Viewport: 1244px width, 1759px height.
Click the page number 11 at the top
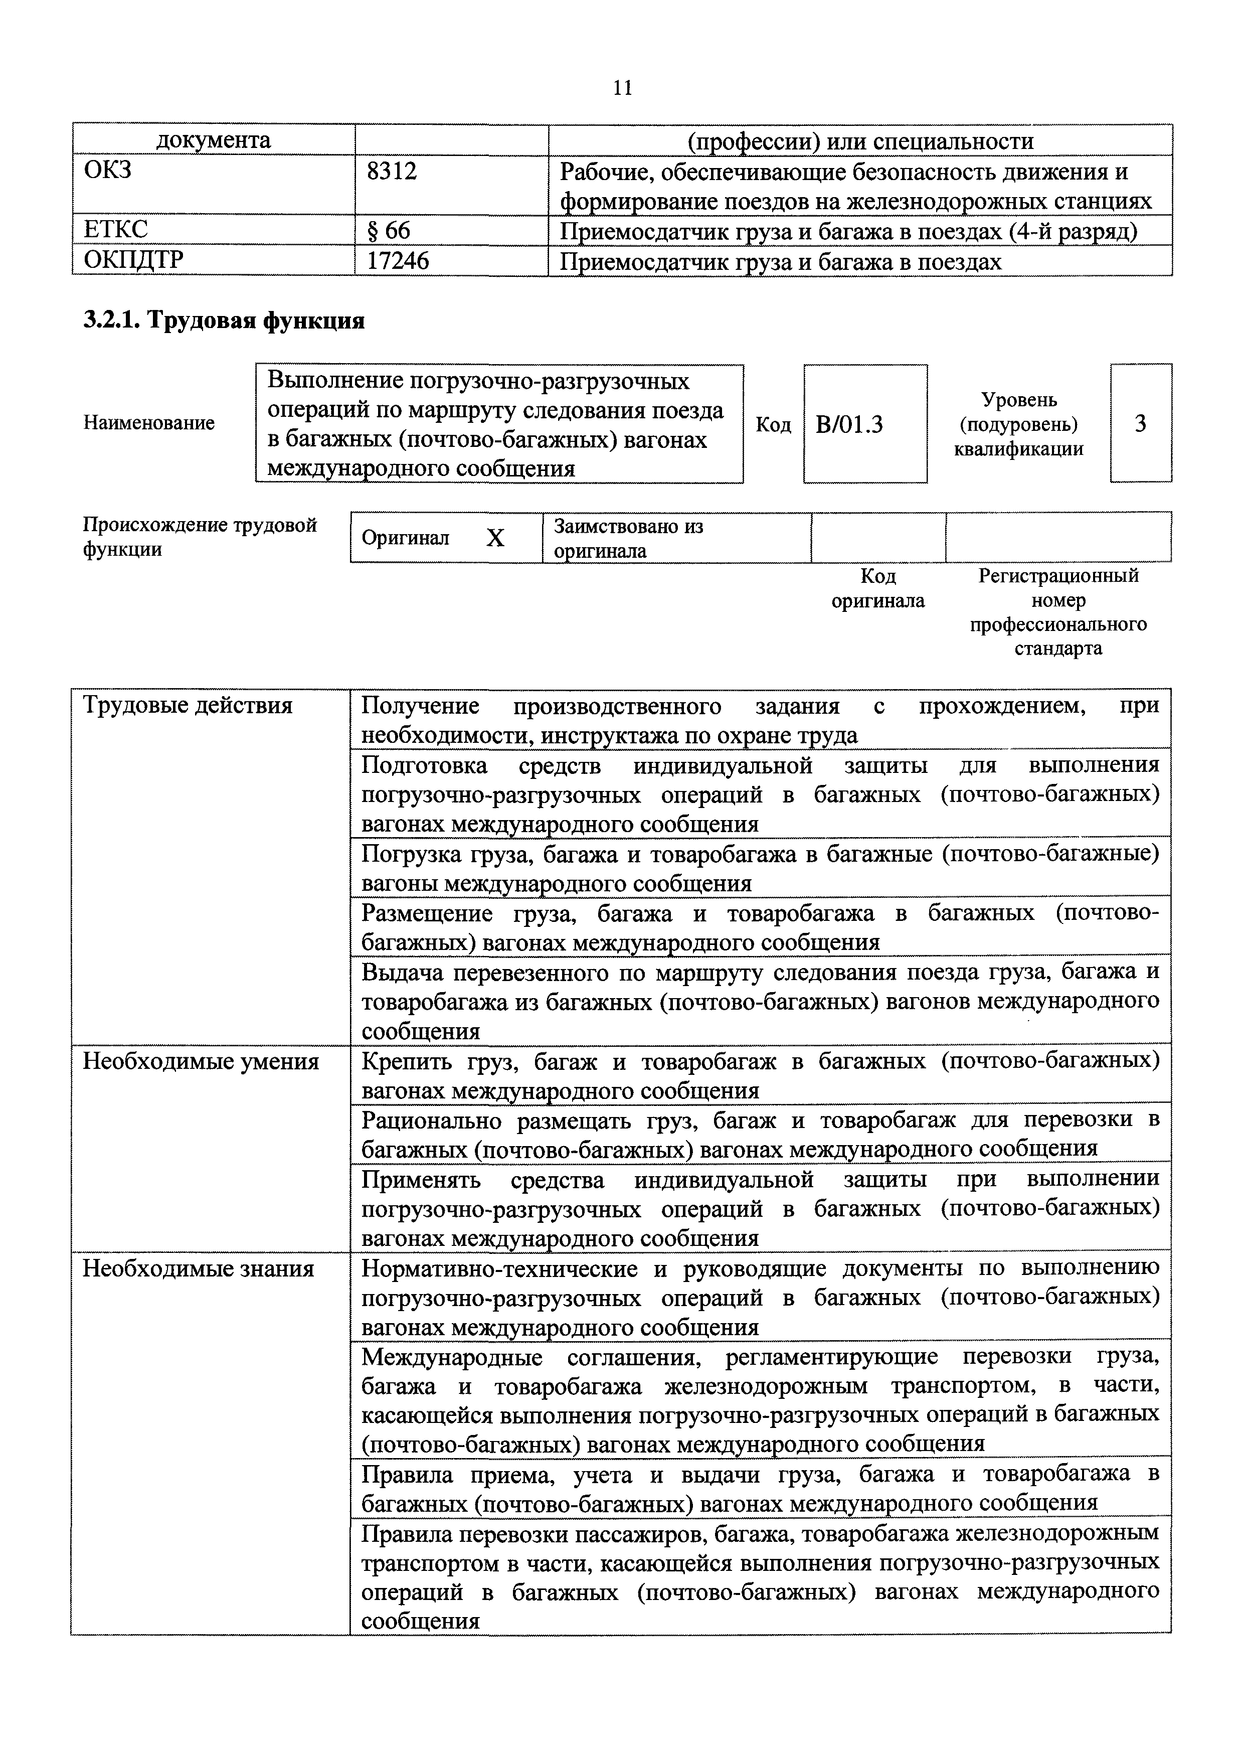coord(623,88)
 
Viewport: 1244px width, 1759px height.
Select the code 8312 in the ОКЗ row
coord(392,172)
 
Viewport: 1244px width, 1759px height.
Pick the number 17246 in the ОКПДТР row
coord(398,261)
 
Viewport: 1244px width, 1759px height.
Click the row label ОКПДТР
coord(133,260)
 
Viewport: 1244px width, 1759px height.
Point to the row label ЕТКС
coord(116,230)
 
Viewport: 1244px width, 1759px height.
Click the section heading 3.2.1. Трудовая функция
coord(224,320)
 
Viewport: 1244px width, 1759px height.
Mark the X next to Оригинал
coord(495,539)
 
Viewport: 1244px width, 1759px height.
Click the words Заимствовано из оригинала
coord(628,538)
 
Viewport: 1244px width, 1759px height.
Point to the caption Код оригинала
coord(878,588)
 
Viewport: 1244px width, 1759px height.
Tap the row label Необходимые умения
coord(201,1062)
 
